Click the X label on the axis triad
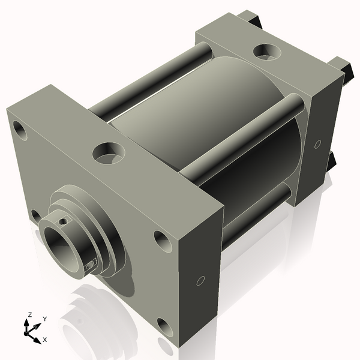[44, 340]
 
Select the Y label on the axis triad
[45, 319]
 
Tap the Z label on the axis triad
[29, 314]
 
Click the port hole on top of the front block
[108, 152]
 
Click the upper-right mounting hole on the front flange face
[163, 241]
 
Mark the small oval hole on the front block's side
[200, 280]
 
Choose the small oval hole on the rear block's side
[317, 144]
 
